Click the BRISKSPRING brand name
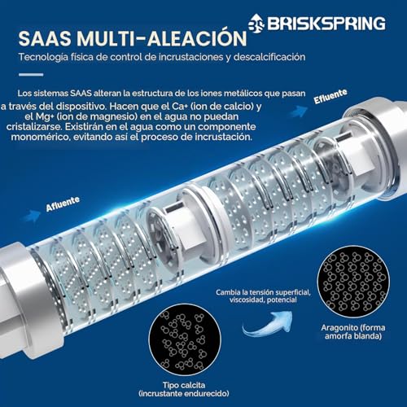326,23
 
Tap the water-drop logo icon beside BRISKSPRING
256,24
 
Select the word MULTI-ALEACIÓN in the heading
162,37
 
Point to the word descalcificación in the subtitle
269,57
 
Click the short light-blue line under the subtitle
31,75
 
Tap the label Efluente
330,96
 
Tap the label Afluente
63,204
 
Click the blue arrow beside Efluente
300,111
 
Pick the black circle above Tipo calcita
185,340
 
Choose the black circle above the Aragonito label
353,282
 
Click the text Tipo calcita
184,385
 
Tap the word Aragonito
338,328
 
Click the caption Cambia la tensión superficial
263,292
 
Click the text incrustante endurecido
184,393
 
